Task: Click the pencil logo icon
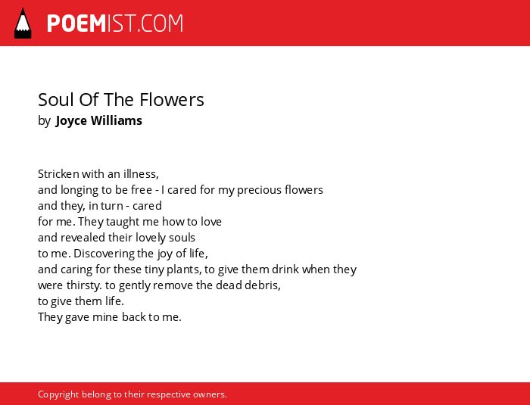coord(23,23)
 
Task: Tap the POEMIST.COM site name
coord(115,23)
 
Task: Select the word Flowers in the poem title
coord(172,100)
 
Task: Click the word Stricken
coord(58,174)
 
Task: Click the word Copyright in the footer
coord(58,394)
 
